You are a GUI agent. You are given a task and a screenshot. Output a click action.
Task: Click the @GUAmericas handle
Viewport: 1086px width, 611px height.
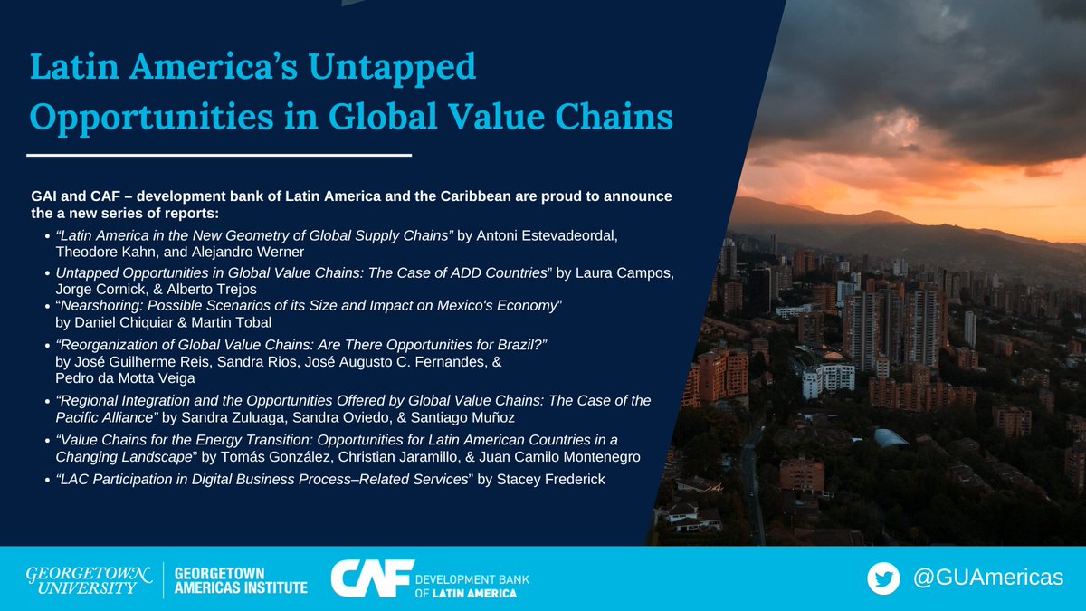(x=986, y=578)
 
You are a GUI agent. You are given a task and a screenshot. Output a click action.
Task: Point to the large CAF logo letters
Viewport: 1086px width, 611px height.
(x=367, y=578)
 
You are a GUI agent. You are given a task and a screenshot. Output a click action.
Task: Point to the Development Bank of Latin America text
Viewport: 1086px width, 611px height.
(x=471, y=585)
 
